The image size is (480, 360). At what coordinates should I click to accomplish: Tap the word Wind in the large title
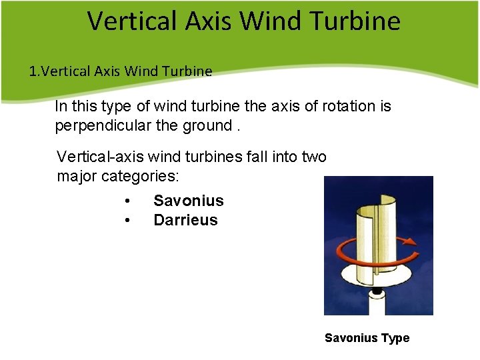pos(271,21)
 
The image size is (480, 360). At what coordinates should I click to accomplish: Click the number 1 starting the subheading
pos(33,71)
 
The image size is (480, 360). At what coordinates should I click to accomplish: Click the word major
pos(75,177)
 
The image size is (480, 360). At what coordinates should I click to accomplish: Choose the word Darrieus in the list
pos(185,220)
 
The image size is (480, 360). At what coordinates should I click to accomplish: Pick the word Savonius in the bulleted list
pos(189,201)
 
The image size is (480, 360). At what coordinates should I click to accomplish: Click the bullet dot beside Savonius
pos(127,201)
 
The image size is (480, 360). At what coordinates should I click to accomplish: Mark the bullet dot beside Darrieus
pos(127,220)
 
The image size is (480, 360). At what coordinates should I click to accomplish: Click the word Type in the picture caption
pos(395,338)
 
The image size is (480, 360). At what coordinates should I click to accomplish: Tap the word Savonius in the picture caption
pos(351,338)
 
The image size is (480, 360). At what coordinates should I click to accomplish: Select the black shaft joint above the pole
pos(377,292)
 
